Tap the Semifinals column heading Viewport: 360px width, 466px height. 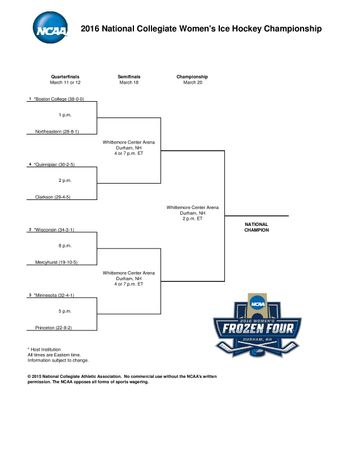pos(129,76)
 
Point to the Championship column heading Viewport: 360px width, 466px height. pos(192,76)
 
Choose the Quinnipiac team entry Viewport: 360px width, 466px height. pos(56,165)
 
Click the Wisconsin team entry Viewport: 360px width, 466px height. pos(55,230)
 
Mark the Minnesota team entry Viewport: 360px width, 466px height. pos(55,295)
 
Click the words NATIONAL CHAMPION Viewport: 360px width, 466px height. pos(257,228)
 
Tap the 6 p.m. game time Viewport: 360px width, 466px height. pos(65,246)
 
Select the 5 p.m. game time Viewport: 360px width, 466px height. pos(65,311)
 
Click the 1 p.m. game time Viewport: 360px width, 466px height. pos(65,116)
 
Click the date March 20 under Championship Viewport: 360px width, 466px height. pos(192,82)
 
